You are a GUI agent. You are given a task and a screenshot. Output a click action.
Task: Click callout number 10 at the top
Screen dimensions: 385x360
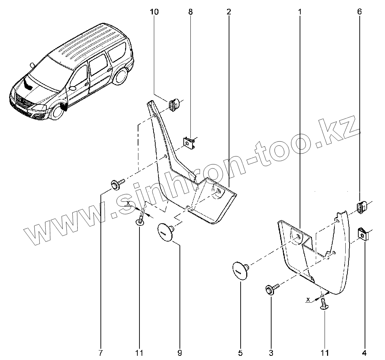154,12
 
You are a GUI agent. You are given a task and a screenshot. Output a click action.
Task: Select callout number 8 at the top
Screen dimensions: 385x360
190,12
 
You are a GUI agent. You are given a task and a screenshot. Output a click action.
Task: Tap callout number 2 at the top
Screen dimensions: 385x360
229,12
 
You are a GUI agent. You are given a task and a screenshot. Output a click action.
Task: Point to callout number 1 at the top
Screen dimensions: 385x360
300,12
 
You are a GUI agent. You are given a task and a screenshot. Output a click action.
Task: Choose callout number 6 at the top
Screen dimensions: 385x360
359,12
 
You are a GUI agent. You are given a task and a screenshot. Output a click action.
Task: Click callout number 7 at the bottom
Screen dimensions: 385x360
100,352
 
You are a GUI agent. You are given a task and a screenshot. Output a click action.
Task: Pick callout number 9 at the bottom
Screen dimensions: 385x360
180,352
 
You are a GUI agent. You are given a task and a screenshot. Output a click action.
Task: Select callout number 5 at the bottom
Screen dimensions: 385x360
241,352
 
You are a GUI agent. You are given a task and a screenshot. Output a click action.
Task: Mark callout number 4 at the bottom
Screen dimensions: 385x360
364,352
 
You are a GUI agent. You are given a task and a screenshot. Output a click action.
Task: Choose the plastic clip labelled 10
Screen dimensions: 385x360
174,105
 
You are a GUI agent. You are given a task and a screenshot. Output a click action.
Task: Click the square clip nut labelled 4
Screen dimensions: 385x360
362,234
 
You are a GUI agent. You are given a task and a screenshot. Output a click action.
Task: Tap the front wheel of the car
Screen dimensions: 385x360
55,112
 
